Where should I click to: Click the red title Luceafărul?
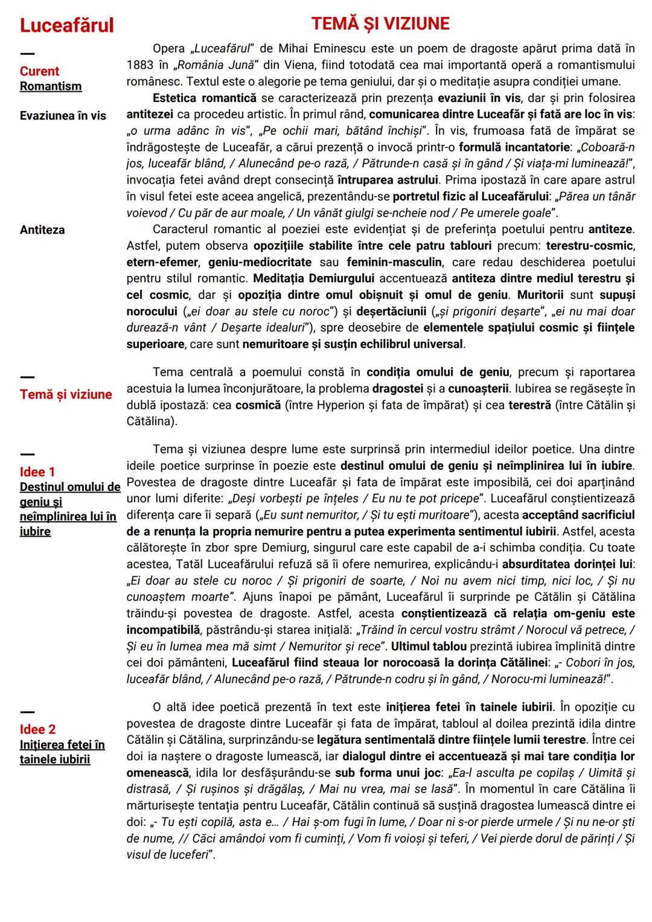tap(66, 25)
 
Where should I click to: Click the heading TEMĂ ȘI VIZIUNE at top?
tap(380, 24)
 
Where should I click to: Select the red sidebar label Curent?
tap(39, 71)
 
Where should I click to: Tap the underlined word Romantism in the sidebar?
tap(51, 86)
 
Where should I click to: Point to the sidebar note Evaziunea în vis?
tap(63, 115)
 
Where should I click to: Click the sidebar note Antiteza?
tap(42, 229)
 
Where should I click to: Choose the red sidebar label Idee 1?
tap(37, 472)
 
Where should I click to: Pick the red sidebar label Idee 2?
tap(37, 729)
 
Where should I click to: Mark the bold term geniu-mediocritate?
tap(260, 262)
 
